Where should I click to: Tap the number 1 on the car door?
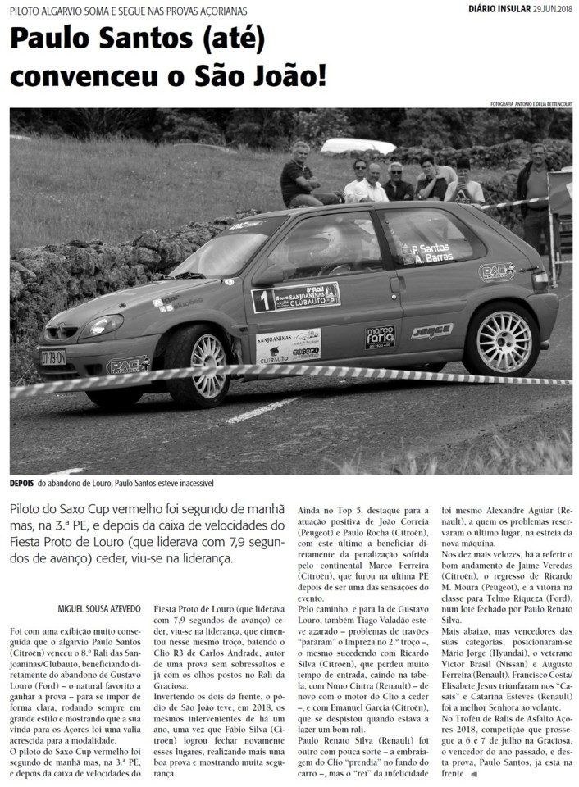click(263, 300)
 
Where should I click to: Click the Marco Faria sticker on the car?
click(380, 336)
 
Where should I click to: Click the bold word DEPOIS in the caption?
click(22, 483)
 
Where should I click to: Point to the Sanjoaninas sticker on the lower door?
click(288, 347)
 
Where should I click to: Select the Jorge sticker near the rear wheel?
click(431, 331)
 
